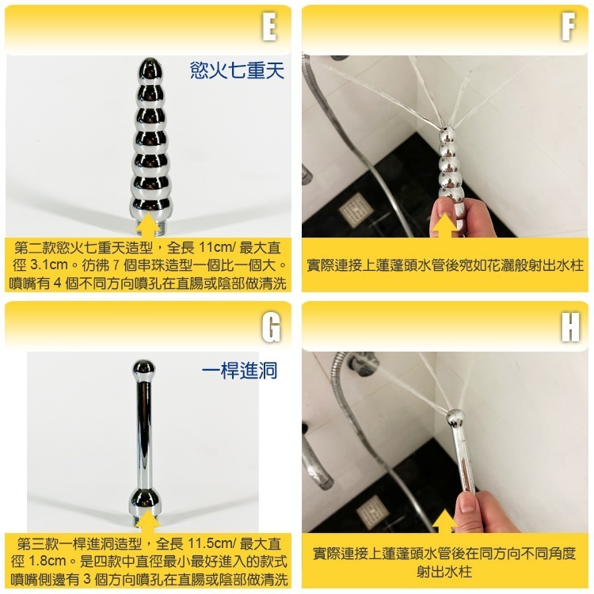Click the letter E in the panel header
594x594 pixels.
point(269,28)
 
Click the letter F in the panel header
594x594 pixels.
point(567,28)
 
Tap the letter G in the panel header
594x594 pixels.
point(270,326)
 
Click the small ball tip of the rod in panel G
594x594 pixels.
point(144,367)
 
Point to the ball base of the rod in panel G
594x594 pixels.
point(147,501)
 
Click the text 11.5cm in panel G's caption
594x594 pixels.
point(207,545)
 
